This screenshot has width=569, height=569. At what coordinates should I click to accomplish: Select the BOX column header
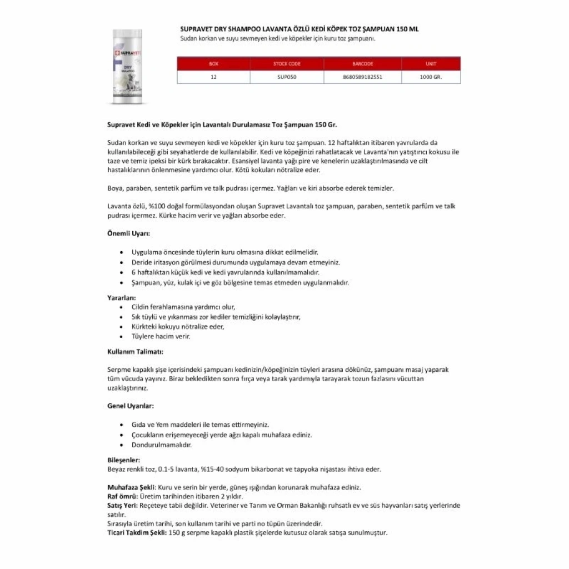[x=213, y=64]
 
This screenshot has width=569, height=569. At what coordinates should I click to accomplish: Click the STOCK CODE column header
[x=287, y=64]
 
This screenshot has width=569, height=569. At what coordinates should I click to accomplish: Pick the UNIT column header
[x=431, y=64]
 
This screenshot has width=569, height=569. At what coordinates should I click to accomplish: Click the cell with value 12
[x=213, y=77]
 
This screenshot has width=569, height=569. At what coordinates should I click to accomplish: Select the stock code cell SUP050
[x=287, y=77]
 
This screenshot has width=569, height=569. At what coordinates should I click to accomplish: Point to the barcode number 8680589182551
[x=362, y=77]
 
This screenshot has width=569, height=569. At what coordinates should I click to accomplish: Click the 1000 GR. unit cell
[x=431, y=77]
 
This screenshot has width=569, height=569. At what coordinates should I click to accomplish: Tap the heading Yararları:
[x=121, y=297]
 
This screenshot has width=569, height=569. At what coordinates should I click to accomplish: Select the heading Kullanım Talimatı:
[x=135, y=351]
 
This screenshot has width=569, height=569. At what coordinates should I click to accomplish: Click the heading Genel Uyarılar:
[x=131, y=406]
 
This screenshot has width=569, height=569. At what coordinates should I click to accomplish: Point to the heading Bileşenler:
[x=123, y=460]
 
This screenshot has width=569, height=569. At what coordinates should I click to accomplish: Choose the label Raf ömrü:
[x=120, y=496]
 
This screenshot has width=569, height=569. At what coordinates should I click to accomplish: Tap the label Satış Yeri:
[x=122, y=505]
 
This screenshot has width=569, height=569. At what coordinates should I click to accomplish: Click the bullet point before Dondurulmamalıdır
[x=121, y=446]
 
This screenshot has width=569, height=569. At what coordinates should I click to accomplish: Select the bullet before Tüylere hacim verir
[x=121, y=336]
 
